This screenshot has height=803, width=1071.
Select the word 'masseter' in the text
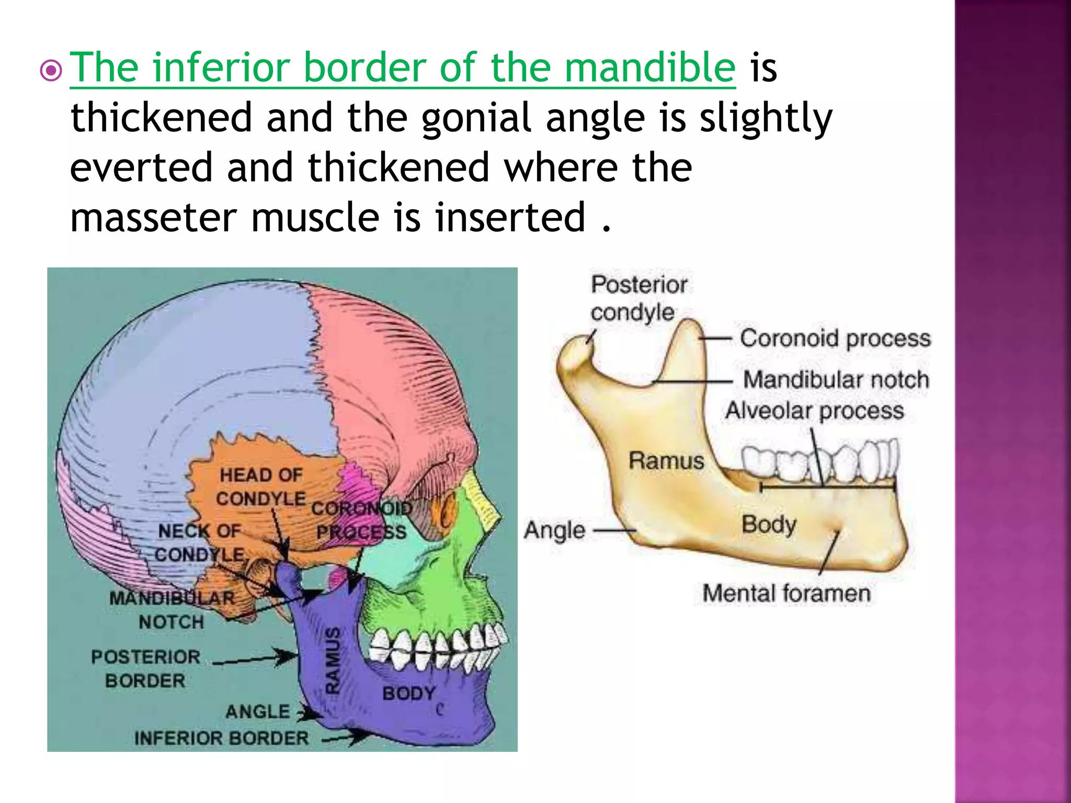point(153,217)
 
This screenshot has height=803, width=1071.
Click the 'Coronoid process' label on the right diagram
point(835,338)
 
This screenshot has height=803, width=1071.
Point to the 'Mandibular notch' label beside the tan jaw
point(836,380)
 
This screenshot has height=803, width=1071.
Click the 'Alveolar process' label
point(814,410)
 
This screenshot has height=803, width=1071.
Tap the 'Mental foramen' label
point(786,593)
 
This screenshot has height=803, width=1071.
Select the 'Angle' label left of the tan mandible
point(554,530)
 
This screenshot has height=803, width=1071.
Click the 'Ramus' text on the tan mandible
point(666,461)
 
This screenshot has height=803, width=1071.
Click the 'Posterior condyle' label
point(638,299)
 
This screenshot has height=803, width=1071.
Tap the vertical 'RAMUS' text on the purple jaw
point(333,661)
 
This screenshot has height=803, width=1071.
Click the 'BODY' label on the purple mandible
point(408,694)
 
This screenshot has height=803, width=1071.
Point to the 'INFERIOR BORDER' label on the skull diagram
point(221,738)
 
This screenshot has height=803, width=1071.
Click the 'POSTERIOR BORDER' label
point(145,669)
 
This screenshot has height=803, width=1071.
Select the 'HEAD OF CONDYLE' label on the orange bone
point(260,487)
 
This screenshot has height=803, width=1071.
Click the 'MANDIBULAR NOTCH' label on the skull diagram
point(172,610)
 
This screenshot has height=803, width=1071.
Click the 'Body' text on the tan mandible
point(768,524)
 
